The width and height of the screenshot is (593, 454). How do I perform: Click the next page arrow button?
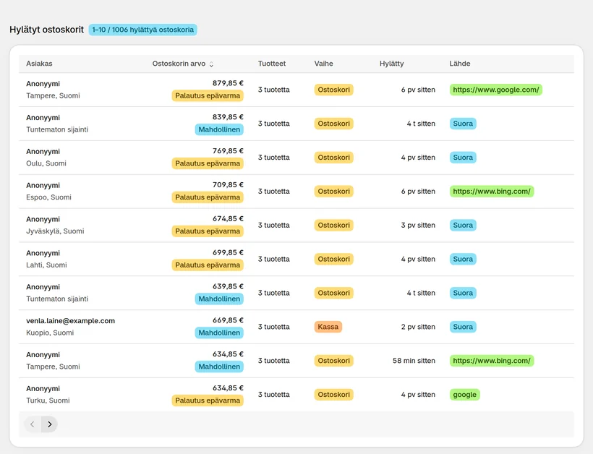(50, 424)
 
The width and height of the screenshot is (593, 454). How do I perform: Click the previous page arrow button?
(33, 424)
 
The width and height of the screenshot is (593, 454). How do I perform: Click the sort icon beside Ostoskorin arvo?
(211, 64)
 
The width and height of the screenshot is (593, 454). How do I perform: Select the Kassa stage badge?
(328, 327)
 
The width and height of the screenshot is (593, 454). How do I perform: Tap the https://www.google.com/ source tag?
(496, 90)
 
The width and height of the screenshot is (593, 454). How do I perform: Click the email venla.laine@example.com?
(70, 321)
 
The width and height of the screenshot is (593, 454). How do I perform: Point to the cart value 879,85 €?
(228, 83)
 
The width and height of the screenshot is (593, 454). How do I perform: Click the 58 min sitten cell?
(414, 361)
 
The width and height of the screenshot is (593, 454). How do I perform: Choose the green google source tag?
(464, 395)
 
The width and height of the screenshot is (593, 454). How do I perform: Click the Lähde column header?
(460, 64)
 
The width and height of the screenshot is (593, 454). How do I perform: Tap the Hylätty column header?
(391, 64)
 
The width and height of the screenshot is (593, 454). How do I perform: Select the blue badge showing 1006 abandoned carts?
(143, 30)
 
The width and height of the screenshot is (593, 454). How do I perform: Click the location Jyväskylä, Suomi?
(55, 231)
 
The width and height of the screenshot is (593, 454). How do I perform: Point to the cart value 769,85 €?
(228, 151)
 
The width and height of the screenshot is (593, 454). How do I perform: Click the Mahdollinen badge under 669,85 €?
(219, 333)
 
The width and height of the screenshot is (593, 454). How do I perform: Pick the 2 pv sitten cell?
(418, 327)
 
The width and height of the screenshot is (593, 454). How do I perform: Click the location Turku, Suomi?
(48, 401)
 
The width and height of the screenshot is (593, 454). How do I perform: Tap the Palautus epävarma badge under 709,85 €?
(208, 197)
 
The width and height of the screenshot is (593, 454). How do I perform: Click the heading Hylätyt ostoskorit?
(46, 30)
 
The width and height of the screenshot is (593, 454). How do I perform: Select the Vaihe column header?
(324, 64)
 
